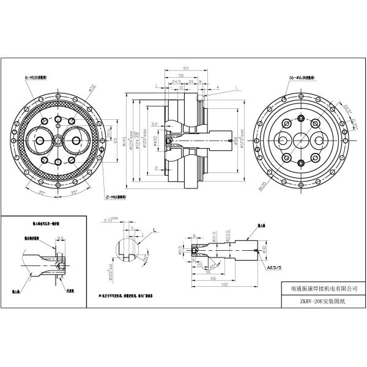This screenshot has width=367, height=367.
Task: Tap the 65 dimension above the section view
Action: [x=185, y=69]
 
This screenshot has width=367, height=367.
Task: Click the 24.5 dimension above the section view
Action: [x=176, y=81]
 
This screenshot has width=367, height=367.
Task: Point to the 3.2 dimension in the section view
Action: [x=155, y=124]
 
